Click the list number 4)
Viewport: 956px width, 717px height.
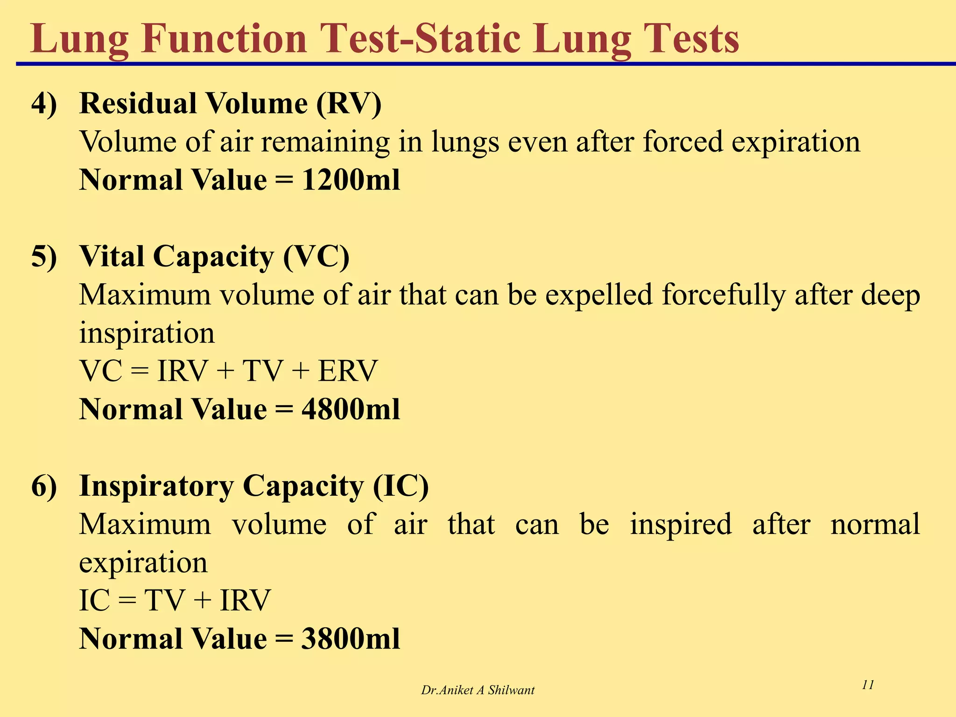tap(44, 104)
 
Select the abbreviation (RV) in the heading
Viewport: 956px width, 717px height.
tap(349, 104)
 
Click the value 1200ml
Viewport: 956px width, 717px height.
tap(351, 180)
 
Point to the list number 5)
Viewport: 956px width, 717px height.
tap(44, 257)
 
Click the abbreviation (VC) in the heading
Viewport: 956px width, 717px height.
tap(316, 257)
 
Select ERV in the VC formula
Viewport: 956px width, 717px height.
tap(347, 372)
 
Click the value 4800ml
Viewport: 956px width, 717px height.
tap(351, 410)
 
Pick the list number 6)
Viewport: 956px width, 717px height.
tap(44, 486)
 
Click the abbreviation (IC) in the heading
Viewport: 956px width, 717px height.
tap(401, 486)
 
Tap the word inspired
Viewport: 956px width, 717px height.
tap(681, 525)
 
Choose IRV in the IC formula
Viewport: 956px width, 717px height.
tap(245, 601)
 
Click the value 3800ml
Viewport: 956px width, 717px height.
tap(351, 639)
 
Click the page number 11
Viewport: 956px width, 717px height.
tap(868, 685)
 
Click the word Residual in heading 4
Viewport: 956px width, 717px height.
tap(138, 104)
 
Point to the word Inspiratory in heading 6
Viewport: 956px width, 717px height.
tap(156, 486)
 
